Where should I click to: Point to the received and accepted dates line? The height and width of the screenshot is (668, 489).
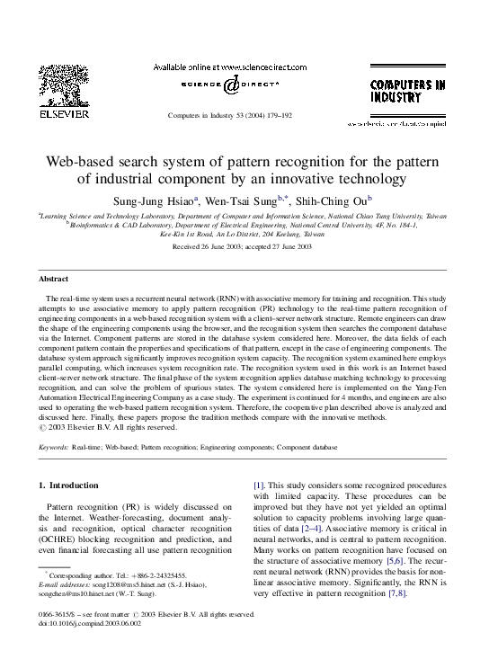(x=242, y=246)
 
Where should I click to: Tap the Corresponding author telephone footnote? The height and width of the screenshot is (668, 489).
(x=117, y=575)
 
